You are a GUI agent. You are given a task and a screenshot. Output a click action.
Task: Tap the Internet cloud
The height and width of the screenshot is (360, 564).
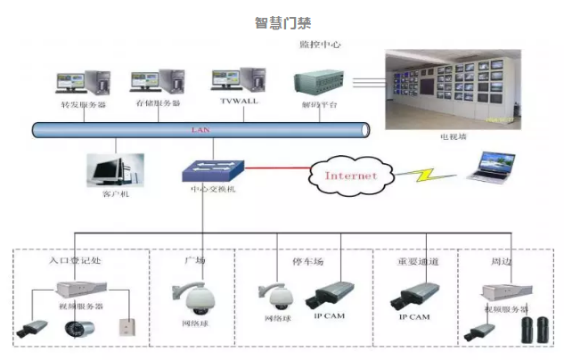[350, 176]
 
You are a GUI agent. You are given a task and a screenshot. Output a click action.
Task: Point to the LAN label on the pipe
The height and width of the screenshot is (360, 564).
[200, 130]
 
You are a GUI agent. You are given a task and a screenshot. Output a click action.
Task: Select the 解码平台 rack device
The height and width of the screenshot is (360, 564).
[320, 85]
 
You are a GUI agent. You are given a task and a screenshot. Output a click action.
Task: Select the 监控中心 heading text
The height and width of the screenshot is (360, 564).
[321, 44]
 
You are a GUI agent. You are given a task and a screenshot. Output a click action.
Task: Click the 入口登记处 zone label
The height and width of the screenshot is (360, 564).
[78, 261]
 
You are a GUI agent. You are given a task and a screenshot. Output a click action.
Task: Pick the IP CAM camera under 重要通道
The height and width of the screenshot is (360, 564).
[415, 296]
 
